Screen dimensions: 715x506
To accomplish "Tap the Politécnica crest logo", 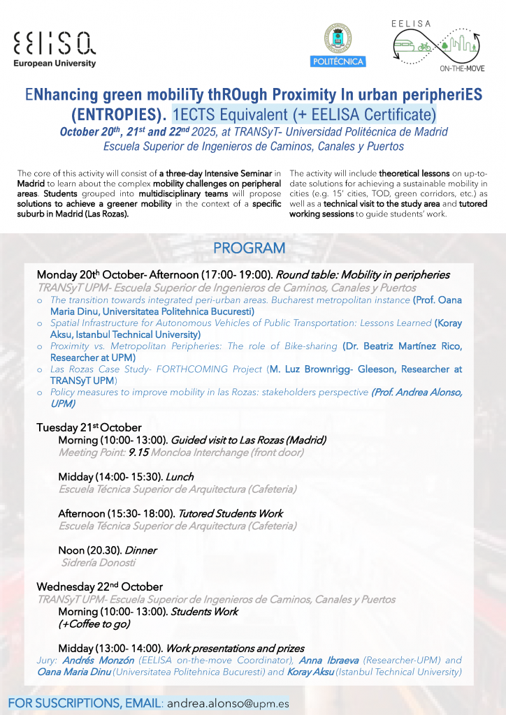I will pos(338,44).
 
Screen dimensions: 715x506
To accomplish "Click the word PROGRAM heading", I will pos(249,248).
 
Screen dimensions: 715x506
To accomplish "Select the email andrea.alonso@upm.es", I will pos(228,703).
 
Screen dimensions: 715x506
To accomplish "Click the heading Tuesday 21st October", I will pos(89,427).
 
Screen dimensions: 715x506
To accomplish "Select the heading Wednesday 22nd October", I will pos(99,587).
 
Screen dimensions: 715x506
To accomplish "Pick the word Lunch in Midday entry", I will pos(180,477).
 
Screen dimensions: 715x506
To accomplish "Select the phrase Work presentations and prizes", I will pos(235,648).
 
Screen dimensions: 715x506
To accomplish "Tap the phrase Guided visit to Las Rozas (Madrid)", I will pos(248,440).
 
